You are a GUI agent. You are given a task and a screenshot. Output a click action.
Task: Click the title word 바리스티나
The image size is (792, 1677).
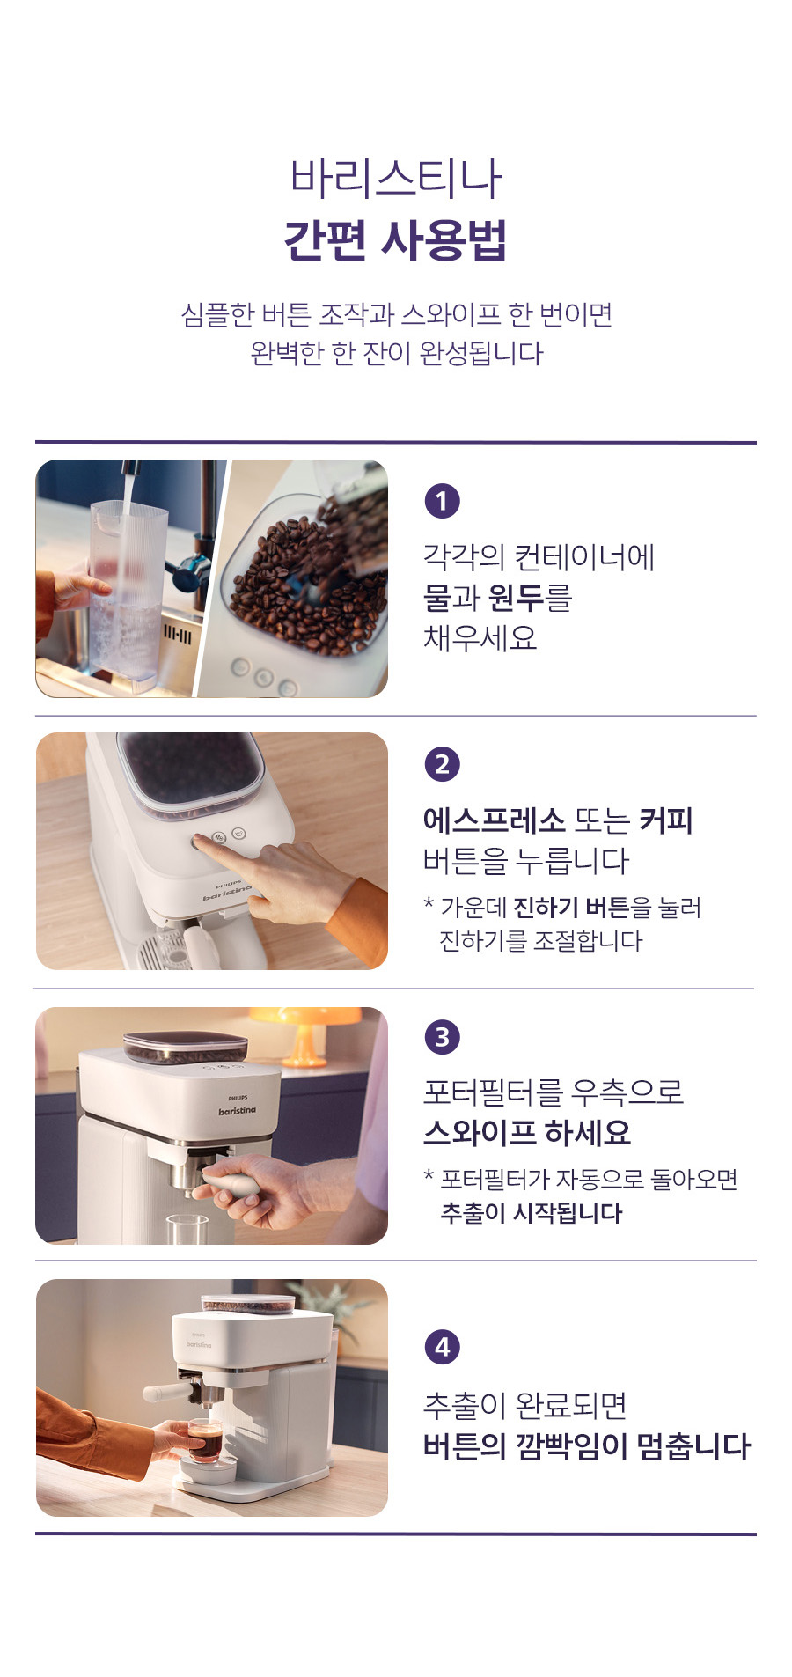[396, 178]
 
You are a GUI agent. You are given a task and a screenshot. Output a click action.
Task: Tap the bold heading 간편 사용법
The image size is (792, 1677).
[396, 239]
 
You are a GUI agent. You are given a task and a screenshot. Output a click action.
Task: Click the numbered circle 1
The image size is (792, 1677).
[442, 501]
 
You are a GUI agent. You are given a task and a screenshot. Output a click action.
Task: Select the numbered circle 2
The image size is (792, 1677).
[442, 763]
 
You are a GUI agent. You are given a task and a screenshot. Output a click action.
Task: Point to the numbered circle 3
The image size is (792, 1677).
[442, 1036]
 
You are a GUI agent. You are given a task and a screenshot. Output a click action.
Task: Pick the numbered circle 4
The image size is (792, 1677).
[442, 1346]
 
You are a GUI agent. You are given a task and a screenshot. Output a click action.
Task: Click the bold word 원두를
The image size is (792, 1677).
[530, 598]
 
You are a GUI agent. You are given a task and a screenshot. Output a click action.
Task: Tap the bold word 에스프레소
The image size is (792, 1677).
[494, 820]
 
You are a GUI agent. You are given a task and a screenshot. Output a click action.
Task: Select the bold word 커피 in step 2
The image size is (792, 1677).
[666, 820]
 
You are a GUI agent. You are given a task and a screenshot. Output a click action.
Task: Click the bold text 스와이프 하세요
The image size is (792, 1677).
[527, 1132]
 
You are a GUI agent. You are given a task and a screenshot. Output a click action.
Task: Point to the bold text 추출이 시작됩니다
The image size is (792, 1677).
[532, 1213]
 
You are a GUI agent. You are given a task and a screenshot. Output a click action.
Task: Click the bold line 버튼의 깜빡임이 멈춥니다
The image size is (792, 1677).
[587, 1446]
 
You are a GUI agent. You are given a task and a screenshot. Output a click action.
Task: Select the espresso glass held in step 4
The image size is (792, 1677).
[205, 1439]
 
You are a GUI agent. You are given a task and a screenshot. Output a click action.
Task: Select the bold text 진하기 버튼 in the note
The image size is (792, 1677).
[571, 907]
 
